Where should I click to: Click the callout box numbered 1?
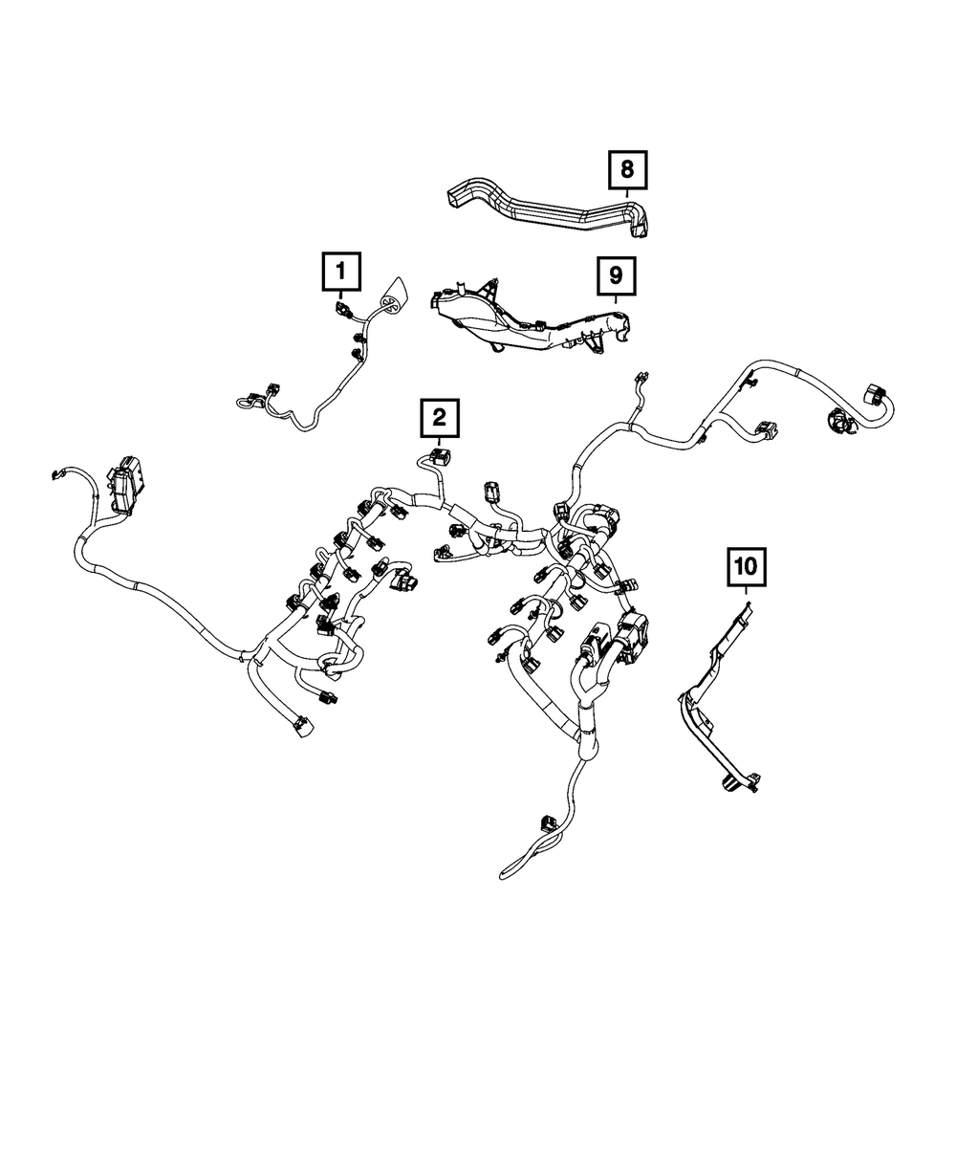pyautogui.click(x=341, y=271)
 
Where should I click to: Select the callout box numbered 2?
pyautogui.click(x=438, y=417)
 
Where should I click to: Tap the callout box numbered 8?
pyautogui.click(x=626, y=171)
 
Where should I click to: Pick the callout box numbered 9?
pyautogui.click(x=615, y=276)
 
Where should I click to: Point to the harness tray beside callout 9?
pyautogui.click(x=516, y=320)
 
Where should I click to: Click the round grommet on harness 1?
pyautogui.click(x=392, y=299)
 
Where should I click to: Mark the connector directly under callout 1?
pyautogui.click(x=341, y=308)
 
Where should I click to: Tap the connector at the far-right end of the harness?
pyautogui.click(x=875, y=395)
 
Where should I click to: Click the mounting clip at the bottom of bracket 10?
pyautogui.click(x=730, y=784)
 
